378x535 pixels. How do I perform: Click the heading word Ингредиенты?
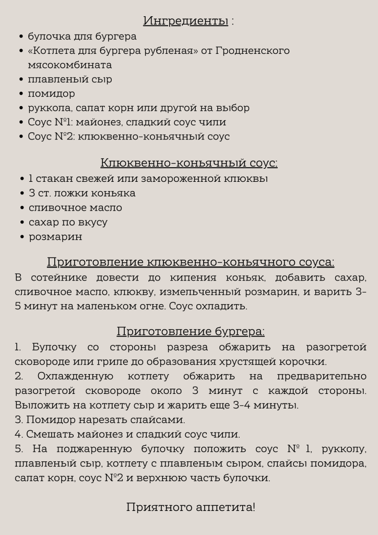(x=185, y=21)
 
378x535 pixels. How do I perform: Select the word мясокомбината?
(x=69, y=65)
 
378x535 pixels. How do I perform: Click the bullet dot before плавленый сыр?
(x=21, y=80)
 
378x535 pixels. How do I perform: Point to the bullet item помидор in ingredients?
(x=51, y=94)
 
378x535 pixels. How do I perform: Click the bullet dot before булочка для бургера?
(x=21, y=37)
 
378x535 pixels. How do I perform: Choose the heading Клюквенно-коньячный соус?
(x=188, y=163)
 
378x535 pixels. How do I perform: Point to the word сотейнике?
(x=59, y=277)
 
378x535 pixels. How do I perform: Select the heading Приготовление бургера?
(x=191, y=332)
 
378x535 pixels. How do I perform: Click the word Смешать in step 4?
(x=46, y=434)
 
